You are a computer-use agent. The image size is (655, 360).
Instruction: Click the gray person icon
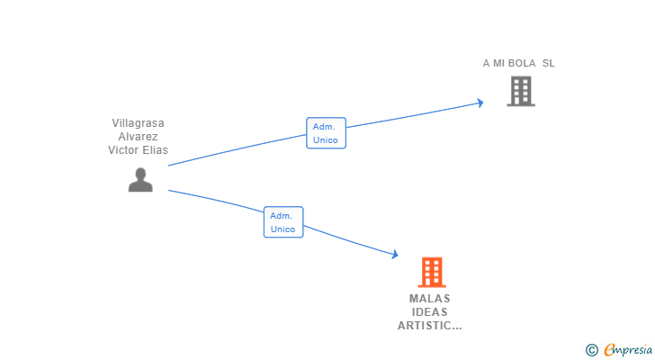pyautogui.click(x=140, y=180)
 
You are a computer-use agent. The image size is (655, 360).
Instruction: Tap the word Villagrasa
pyautogui.click(x=138, y=122)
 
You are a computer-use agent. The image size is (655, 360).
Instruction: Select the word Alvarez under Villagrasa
pyautogui.click(x=138, y=137)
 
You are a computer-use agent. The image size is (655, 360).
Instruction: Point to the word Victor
pyautogui.click(x=125, y=150)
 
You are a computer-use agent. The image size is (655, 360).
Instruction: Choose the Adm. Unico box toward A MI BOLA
pyautogui.click(x=326, y=133)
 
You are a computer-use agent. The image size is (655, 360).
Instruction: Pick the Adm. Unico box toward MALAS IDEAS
pyautogui.click(x=283, y=222)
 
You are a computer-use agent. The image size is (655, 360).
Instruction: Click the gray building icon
pyautogui.click(x=520, y=91)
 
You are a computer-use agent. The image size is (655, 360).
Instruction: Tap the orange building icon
pyautogui.click(x=432, y=272)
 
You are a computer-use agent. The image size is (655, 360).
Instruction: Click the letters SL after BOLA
pyautogui.click(x=549, y=63)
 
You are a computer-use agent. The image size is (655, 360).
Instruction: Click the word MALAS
pyautogui.click(x=430, y=299)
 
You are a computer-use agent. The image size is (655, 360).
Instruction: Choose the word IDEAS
pyautogui.click(x=430, y=312)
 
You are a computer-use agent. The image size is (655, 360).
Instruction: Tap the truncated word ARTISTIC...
pyautogui.click(x=429, y=326)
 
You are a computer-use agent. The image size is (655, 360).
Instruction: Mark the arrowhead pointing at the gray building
pyautogui.click(x=480, y=103)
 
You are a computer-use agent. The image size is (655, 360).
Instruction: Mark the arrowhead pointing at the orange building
pyautogui.click(x=394, y=255)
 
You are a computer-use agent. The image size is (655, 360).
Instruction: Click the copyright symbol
pyautogui.click(x=591, y=349)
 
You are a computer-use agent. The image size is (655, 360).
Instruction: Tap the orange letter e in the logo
pyautogui.click(x=609, y=349)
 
